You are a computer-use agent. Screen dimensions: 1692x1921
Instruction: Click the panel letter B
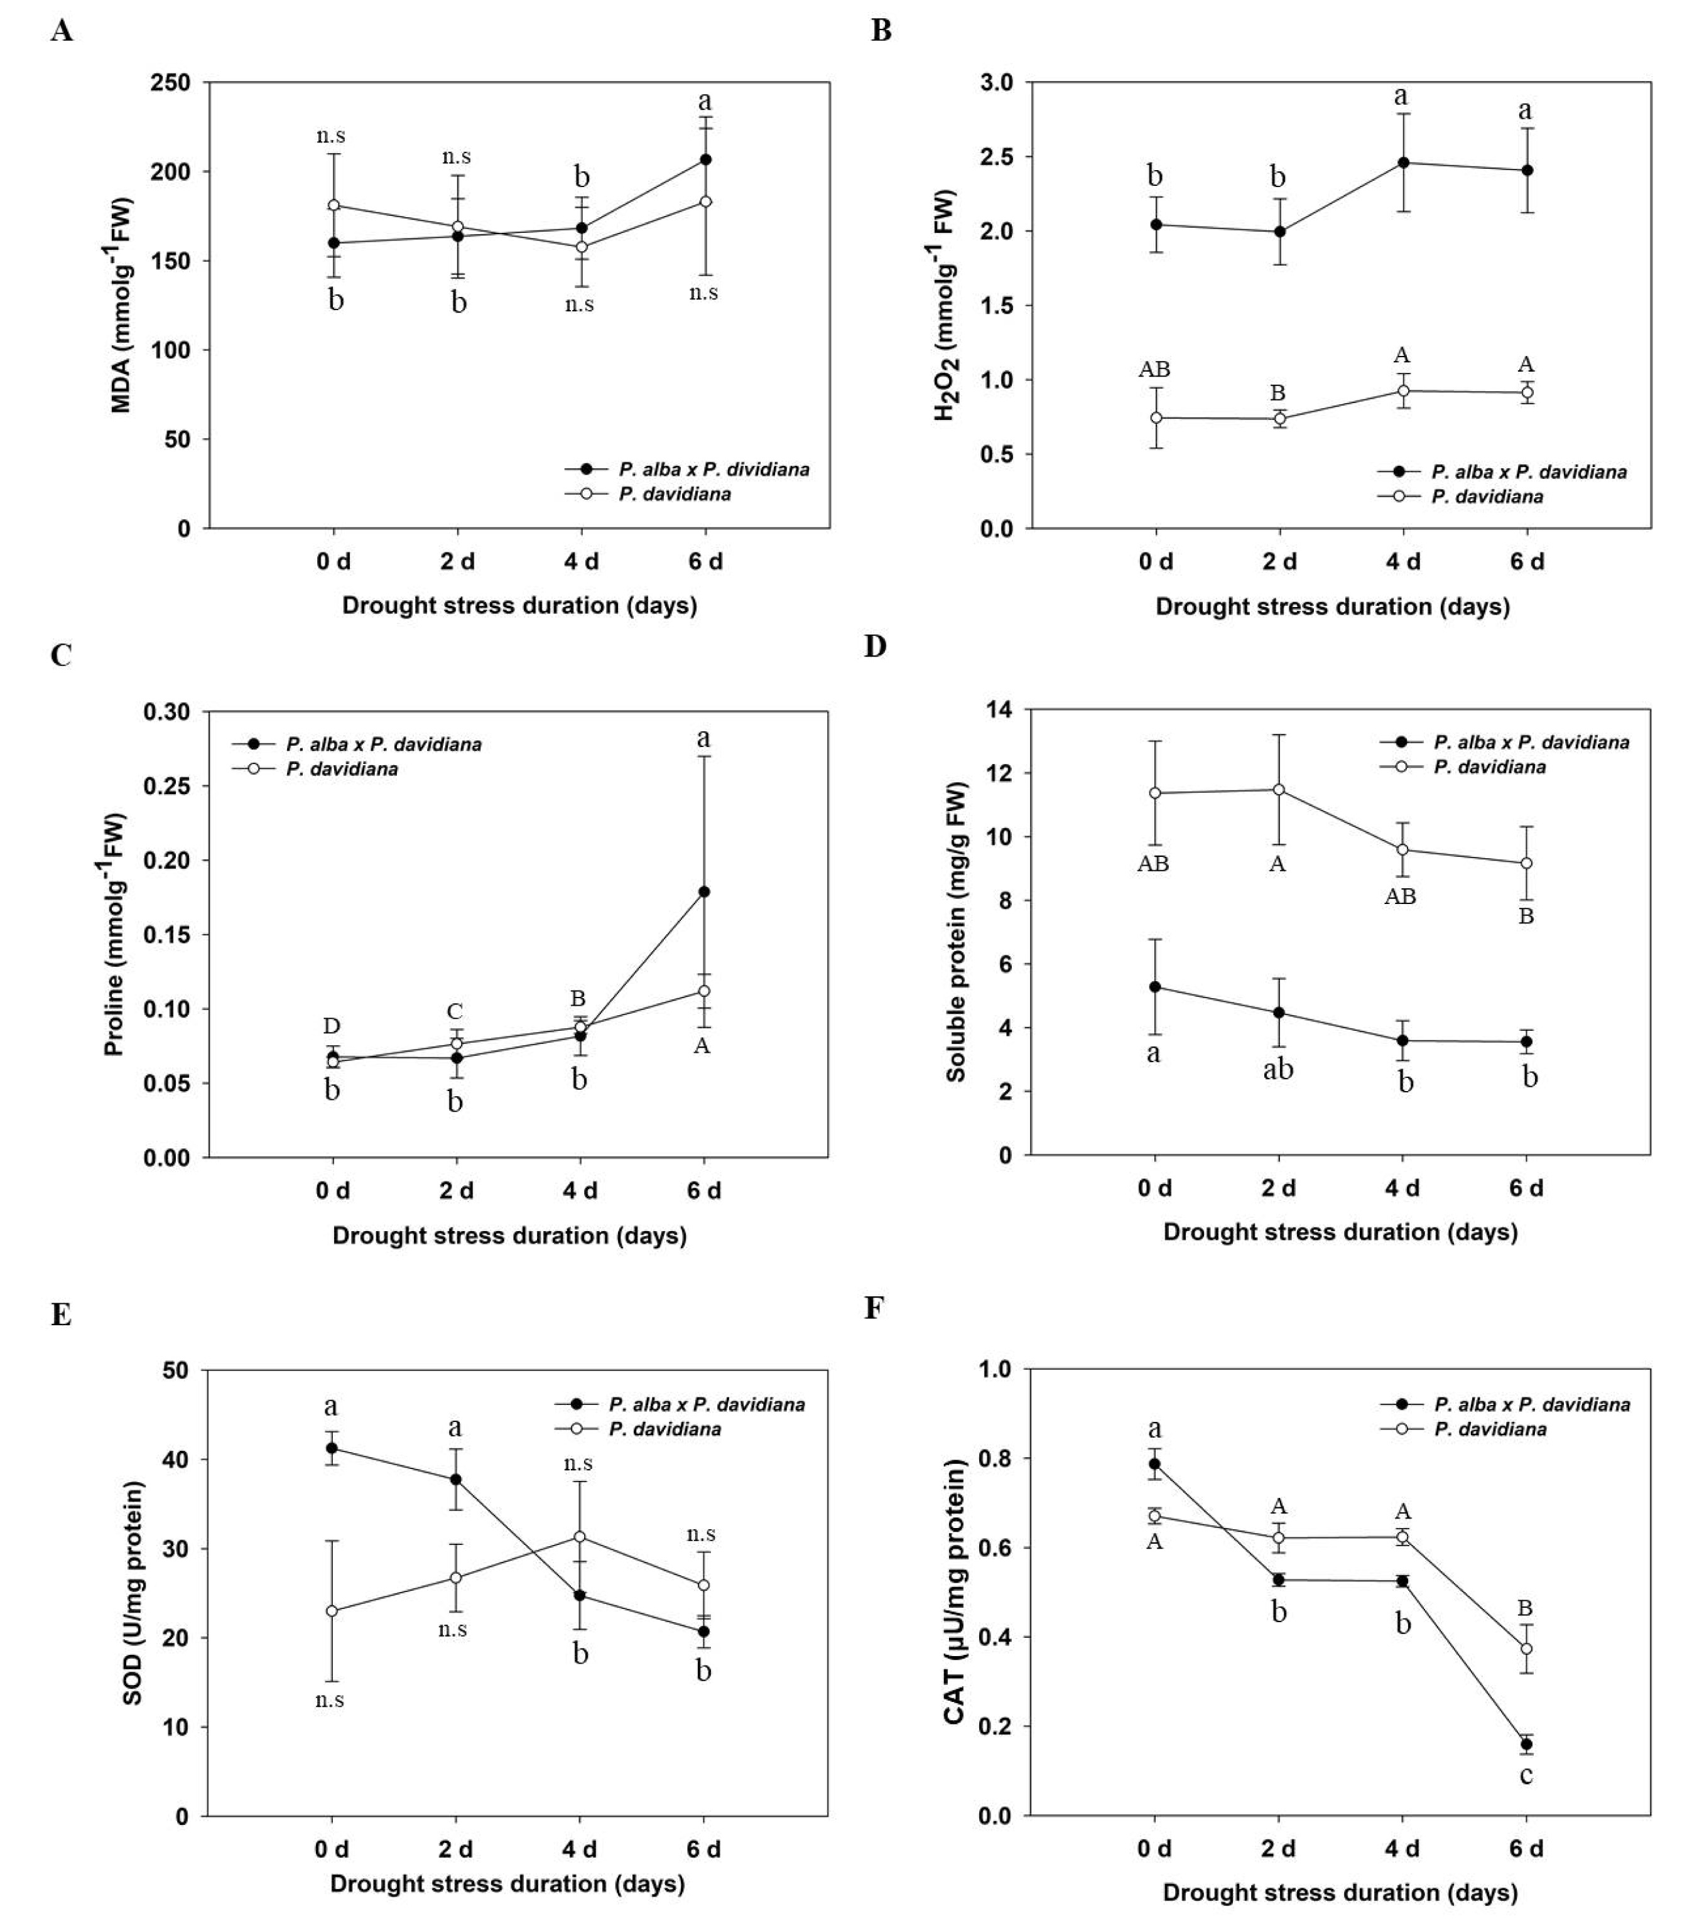(881, 31)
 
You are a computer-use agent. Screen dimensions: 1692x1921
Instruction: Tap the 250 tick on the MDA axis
(170, 83)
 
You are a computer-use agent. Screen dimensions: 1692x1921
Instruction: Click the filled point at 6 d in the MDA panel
(705, 160)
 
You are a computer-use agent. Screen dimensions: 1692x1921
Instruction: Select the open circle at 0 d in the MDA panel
(333, 205)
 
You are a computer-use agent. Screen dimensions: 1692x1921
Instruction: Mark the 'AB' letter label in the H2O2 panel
(1154, 369)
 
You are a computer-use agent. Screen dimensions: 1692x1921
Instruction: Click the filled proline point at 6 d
(704, 892)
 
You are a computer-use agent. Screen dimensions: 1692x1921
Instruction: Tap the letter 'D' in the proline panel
(332, 1025)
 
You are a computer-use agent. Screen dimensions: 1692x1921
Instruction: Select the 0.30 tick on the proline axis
(166, 713)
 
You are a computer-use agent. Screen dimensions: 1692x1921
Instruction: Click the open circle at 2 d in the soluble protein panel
(1278, 790)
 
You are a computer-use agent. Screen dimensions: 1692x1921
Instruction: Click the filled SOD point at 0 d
(332, 1448)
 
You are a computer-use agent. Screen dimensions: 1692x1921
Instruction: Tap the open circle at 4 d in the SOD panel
(580, 1537)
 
